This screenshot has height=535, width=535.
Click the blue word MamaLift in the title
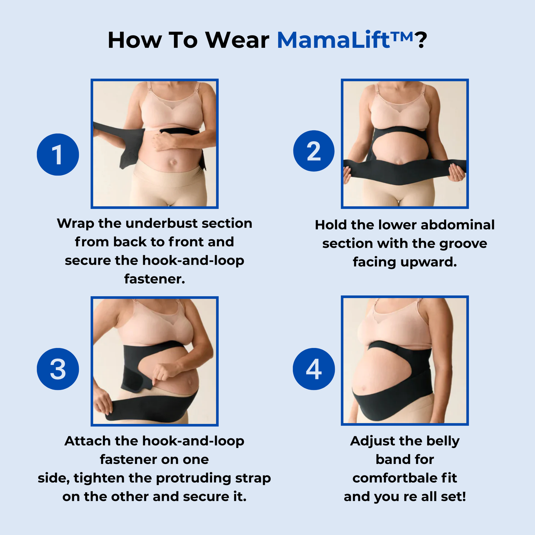[333, 40]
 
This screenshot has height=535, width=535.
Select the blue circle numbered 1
[58, 154]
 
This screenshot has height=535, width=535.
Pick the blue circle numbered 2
[314, 151]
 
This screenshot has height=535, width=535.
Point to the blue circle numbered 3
[58, 369]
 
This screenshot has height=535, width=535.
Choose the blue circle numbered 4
[314, 369]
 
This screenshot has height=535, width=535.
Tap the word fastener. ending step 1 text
[154, 279]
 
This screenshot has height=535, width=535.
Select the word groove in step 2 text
[463, 244]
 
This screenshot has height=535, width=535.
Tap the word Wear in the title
[237, 40]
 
